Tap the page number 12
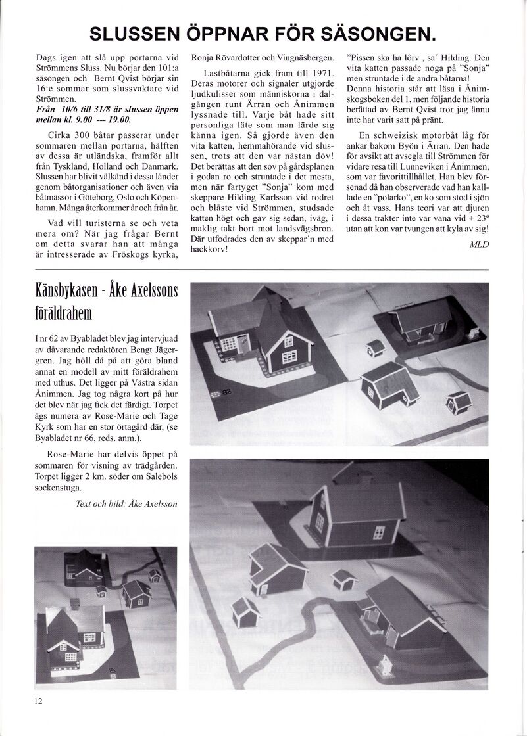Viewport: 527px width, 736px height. click(x=39, y=700)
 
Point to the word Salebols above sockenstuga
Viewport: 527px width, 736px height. click(x=157, y=476)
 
